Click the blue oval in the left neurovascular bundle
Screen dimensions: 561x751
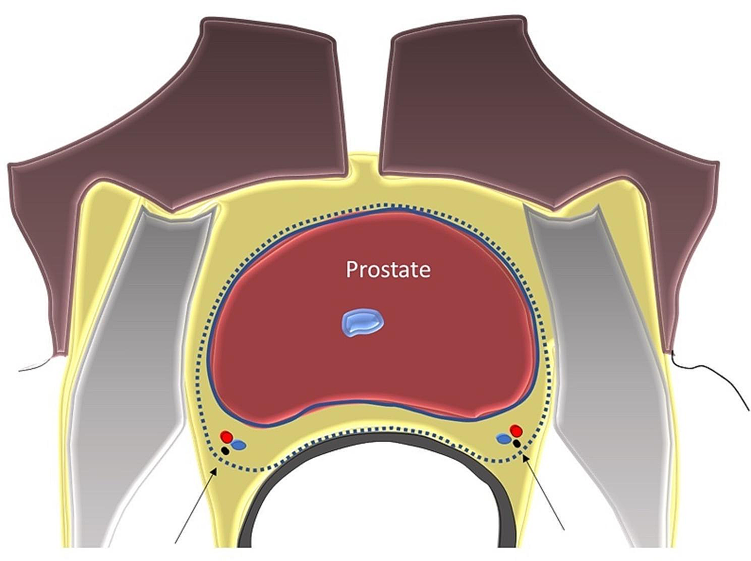(239, 445)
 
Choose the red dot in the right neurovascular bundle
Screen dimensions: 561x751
(515, 430)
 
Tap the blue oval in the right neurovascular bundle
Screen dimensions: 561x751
(503, 439)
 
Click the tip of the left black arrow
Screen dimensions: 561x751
(217, 468)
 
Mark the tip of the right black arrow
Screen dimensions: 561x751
(524, 456)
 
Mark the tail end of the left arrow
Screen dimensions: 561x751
(175, 543)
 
